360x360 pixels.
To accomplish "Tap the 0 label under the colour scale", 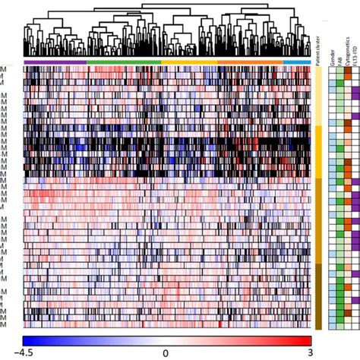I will (x=166, y=353).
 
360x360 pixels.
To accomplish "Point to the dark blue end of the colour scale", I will (x=30, y=340).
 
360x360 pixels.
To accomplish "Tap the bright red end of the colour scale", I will (x=304, y=340).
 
